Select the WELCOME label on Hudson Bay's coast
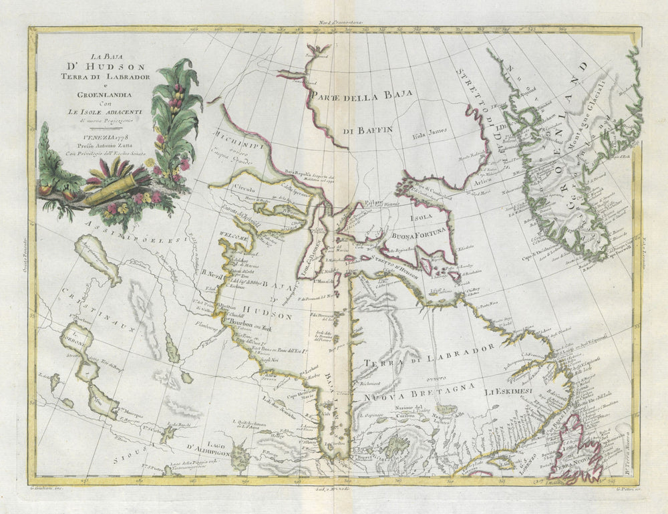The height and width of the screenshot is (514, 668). (x=235, y=235)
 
